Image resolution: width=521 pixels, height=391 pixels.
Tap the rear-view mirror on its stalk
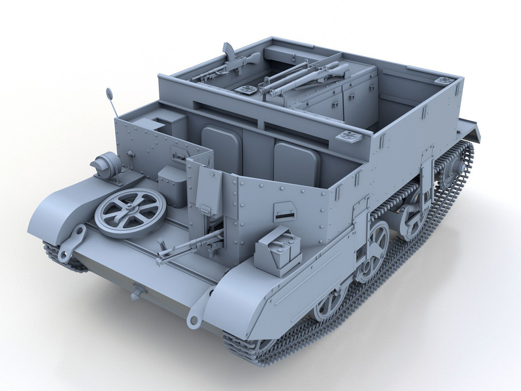coord(109,93)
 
